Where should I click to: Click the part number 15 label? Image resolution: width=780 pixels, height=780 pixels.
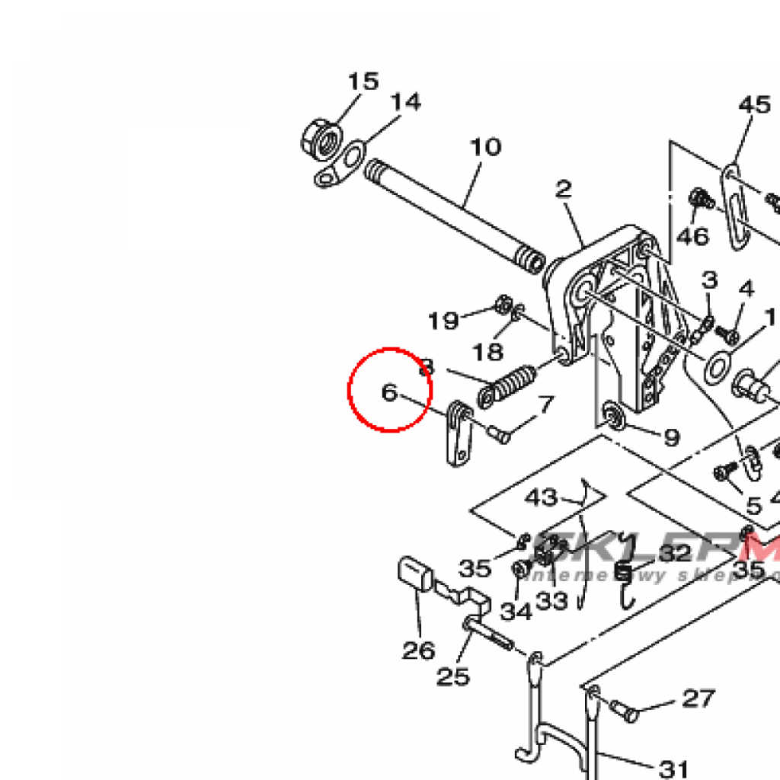coord(363,82)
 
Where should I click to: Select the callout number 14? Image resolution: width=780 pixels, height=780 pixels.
coord(406,102)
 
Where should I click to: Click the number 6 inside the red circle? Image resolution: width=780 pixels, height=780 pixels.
coord(389,393)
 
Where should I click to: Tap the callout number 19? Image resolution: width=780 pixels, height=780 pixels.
coord(443,321)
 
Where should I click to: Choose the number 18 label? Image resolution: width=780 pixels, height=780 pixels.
coord(487,351)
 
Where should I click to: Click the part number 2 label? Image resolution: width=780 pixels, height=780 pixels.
coord(563,189)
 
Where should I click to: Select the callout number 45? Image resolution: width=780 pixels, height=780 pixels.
coord(754,104)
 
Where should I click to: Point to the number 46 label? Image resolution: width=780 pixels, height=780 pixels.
coord(693,236)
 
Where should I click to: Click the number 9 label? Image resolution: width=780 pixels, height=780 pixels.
coord(671,437)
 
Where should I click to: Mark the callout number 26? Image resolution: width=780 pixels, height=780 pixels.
coord(418,651)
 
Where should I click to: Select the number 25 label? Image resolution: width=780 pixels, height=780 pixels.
coord(453,676)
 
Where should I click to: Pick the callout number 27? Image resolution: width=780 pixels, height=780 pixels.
coord(698,698)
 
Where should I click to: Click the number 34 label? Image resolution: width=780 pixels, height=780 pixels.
coord(516,611)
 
